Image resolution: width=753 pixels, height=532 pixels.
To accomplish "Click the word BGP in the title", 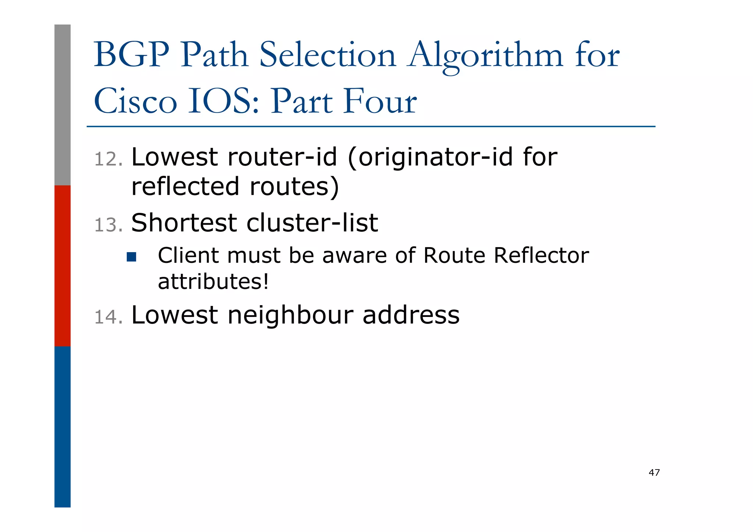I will (x=131, y=55).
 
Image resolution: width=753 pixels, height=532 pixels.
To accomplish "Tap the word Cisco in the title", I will (x=135, y=101).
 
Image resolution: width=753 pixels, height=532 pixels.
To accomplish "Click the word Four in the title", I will (x=380, y=101).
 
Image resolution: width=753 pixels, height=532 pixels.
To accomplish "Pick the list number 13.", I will (x=108, y=225).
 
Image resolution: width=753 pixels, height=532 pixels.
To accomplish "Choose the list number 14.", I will (x=108, y=317).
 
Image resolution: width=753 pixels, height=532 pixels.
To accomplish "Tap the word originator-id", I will (x=435, y=157).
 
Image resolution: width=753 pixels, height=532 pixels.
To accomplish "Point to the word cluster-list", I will (x=312, y=223).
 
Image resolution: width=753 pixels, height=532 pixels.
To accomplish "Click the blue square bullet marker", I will (x=131, y=257).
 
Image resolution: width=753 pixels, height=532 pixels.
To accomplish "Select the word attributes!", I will (x=213, y=282).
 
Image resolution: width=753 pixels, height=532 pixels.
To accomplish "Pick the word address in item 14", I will (x=411, y=315).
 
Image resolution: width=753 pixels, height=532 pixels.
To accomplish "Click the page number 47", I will (x=654, y=472).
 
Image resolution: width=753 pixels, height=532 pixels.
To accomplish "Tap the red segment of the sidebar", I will (x=63, y=265).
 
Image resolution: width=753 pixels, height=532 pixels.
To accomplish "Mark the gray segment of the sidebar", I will (x=63, y=105).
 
